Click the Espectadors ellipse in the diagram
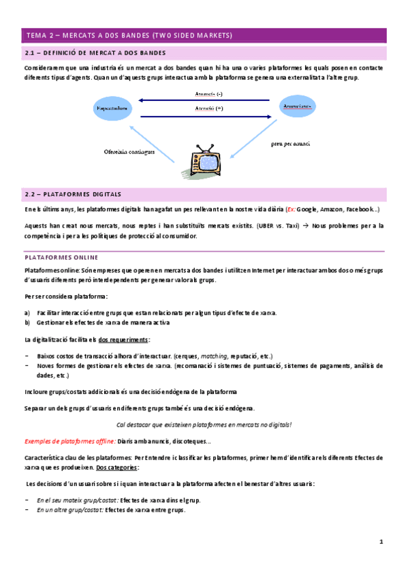coord(112,108)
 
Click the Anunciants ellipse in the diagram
coord(296,107)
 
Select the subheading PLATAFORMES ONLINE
coord(61,257)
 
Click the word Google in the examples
coord(307,209)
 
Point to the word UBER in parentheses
coord(262,224)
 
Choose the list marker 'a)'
coord(27,313)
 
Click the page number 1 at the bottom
coord(382,542)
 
